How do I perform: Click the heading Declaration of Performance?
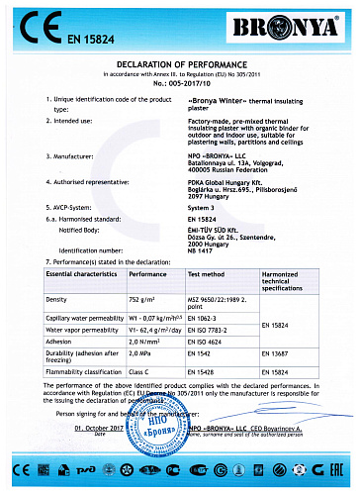[x=180, y=66]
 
